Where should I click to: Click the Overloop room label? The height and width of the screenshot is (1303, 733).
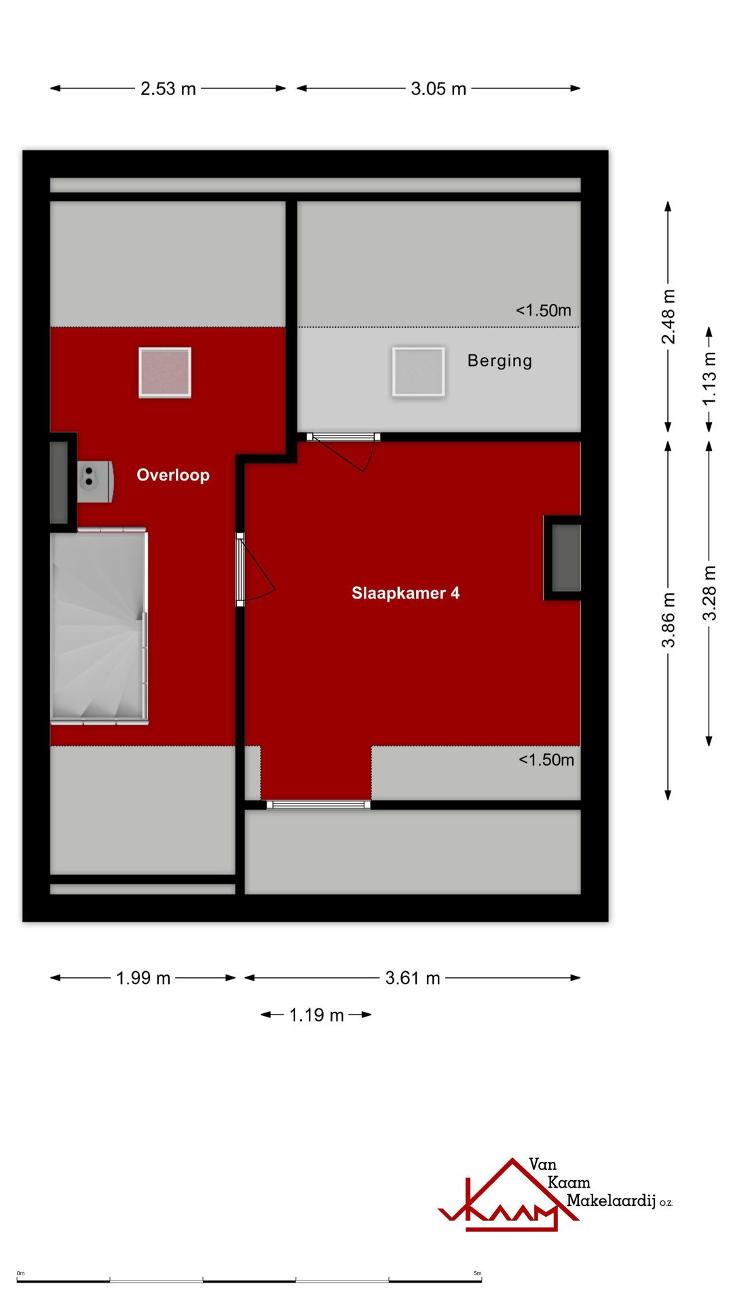(x=173, y=475)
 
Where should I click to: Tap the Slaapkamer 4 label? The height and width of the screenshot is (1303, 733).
(x=405, y=593)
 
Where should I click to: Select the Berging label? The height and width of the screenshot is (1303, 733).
(x=500, y=361)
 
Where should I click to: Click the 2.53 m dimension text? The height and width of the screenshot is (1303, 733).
(x=168, y=89)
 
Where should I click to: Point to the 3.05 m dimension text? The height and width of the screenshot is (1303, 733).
(x=438, y=89)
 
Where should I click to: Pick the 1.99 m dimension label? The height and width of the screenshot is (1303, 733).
(x=143, y=978)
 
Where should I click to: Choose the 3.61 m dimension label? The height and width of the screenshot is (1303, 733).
(x=413, y=978)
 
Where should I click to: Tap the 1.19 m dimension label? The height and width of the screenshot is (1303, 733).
(x=316, y=1015)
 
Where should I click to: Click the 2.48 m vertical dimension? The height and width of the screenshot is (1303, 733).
(x=669, y=316)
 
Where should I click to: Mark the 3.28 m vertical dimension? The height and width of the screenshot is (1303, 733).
(x=709, y=593)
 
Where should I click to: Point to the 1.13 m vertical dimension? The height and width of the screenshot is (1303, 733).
(x=709, y=379)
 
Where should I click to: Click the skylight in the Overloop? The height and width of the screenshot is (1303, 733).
(x=165, y=372)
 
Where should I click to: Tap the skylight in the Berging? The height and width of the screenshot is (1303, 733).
(x=418, y=372)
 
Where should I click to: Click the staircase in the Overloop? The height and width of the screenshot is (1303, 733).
(x=99, y=626)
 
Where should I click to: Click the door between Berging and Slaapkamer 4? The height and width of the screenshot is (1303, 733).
(x=343, y=451)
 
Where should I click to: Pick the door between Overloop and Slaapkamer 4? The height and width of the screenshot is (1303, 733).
(x=255, y=569)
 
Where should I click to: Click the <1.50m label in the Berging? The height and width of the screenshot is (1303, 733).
(x=544, y=311)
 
